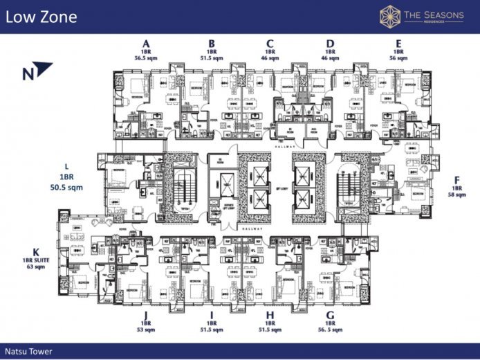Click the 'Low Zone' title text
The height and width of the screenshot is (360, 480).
[x=41, y=17]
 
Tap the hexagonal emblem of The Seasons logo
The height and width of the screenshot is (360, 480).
[x=389, y=17]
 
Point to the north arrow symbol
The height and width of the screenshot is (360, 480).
[x=44, y=69]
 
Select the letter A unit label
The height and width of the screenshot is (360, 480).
[x=146, y=43]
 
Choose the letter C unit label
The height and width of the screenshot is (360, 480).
[x=270, y=43]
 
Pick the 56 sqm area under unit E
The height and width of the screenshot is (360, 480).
[x=398, y=59]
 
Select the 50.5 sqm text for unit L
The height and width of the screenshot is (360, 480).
[x=66, y=188]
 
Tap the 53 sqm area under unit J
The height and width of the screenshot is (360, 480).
[x=146, y=330]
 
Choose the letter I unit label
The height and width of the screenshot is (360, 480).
[x=212, y=314]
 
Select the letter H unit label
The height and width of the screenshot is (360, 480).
[x=270, y=314]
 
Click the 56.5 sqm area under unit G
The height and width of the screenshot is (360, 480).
[x=331, y=330]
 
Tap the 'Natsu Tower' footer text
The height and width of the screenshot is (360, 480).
[x=27, y=350]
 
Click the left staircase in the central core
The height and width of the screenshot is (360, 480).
[x=183, y=187]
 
